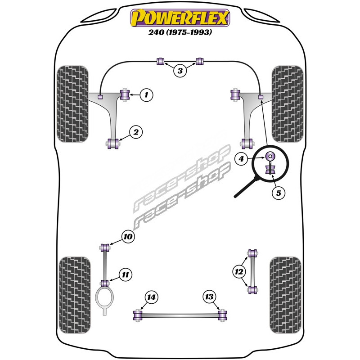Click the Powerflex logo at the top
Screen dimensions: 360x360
tap(180, 18)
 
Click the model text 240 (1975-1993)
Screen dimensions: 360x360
tap(180, 32)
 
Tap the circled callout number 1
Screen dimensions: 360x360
tap(146, 94)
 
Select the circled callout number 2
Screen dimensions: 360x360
tap(135, 132)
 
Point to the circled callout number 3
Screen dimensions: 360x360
tap(180, 70)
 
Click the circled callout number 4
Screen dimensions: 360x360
tap(241, 158)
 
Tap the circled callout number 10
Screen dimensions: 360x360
tap(127, 236)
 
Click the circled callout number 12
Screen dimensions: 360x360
tap(239, 271)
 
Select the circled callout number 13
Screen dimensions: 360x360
tap(209, 297)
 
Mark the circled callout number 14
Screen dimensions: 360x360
tap(152, 297)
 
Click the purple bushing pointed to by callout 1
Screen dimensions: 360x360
tap(125, 95)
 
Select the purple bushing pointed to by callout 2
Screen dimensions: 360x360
tap(114, 144)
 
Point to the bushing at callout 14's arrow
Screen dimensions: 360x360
tap(138, 315)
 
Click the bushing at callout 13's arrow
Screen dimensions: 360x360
tap(221, 315)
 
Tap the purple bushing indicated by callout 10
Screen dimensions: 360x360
tap(106, 247)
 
